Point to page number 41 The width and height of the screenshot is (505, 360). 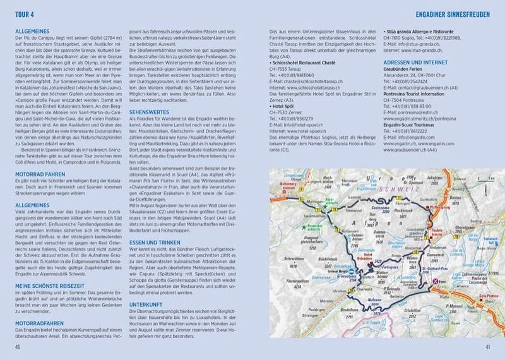486,346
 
